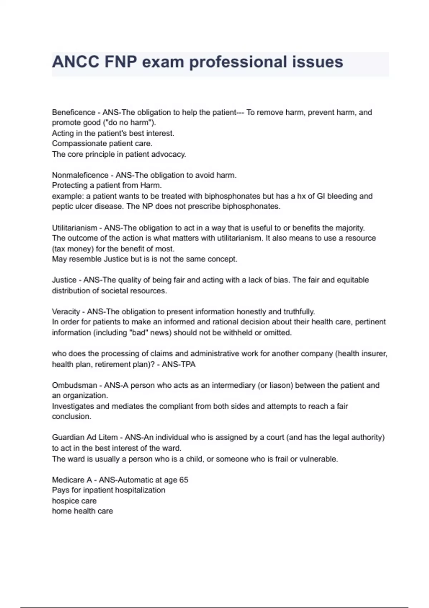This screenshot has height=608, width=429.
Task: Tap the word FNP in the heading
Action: [x=121, y=62]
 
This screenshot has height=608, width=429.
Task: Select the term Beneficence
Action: [x=74, y=112]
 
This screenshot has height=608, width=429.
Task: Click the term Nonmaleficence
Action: [x=80, y=175]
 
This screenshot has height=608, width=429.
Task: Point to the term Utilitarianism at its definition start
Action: [x=74, y=228]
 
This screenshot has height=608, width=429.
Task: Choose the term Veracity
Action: [x=66, y=312]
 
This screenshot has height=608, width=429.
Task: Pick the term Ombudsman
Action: [x=74, y=386]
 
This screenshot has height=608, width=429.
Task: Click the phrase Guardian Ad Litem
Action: [x=85, y=437]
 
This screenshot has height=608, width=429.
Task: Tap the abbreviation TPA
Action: [x=188, y=364]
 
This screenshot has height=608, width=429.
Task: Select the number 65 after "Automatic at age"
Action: [x=183, y=480]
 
